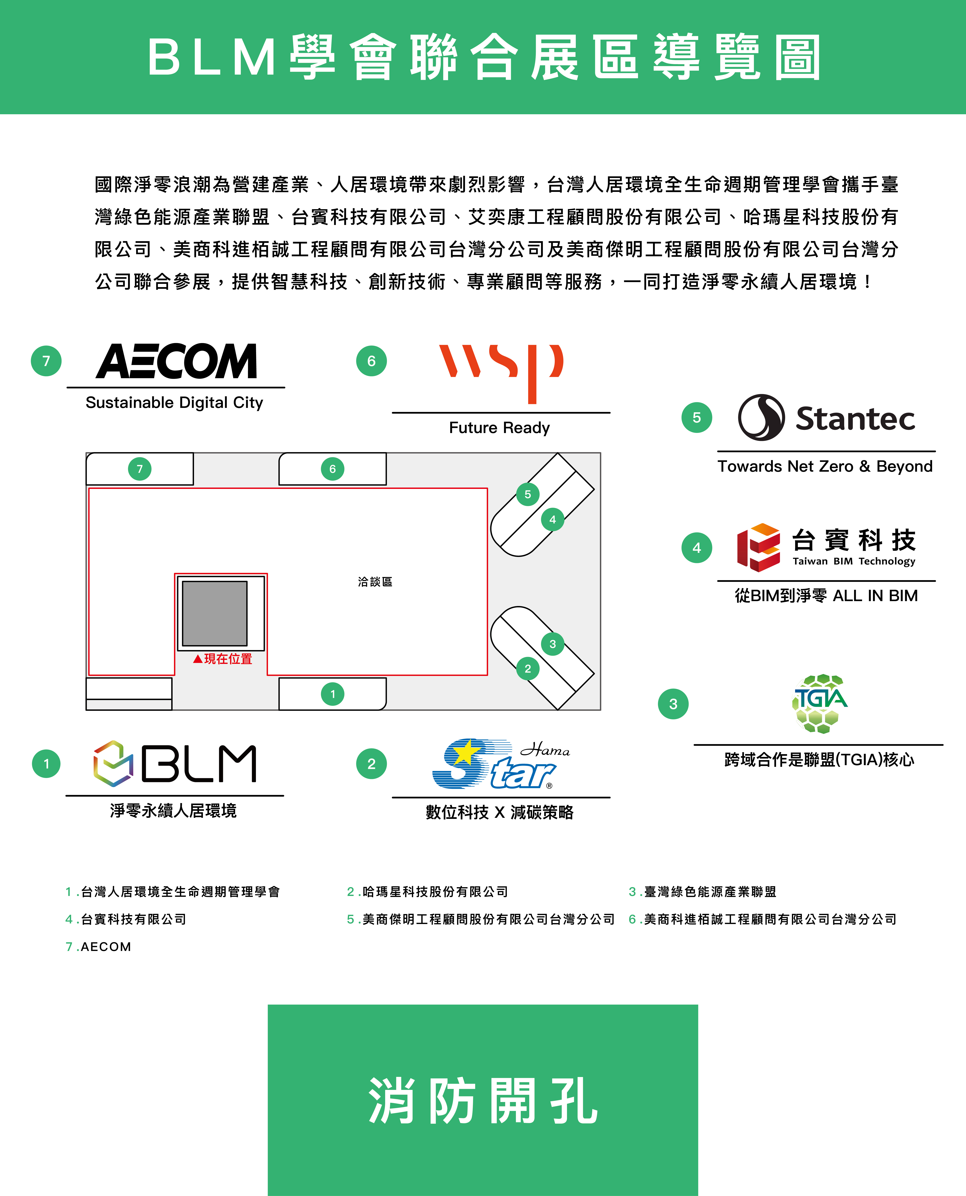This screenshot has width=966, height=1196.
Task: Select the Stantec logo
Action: (x=826, y=418)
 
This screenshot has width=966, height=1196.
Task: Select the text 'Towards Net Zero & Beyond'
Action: (x=825, y=466)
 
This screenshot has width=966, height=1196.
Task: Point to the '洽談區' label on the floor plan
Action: (x=375, y=582)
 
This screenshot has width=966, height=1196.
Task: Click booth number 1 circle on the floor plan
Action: (x=333, y=694)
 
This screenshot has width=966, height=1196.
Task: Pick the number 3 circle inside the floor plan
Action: (x=553, y=644)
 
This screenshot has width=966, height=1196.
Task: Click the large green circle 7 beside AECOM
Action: (x=46, y=361)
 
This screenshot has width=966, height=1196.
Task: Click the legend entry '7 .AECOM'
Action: (x=99, y=947)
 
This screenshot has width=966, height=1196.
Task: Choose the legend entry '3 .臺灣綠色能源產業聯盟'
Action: (x=702, y=892)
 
